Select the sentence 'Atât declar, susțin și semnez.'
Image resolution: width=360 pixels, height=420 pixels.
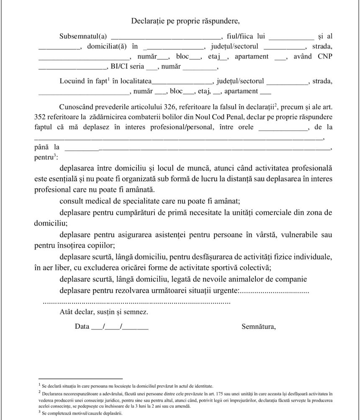click(103, 312)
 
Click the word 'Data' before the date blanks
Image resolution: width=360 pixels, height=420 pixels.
click(82, 327)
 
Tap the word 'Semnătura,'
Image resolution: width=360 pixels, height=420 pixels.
click(259, 327)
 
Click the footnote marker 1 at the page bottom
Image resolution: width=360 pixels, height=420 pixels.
click(39, 384)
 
